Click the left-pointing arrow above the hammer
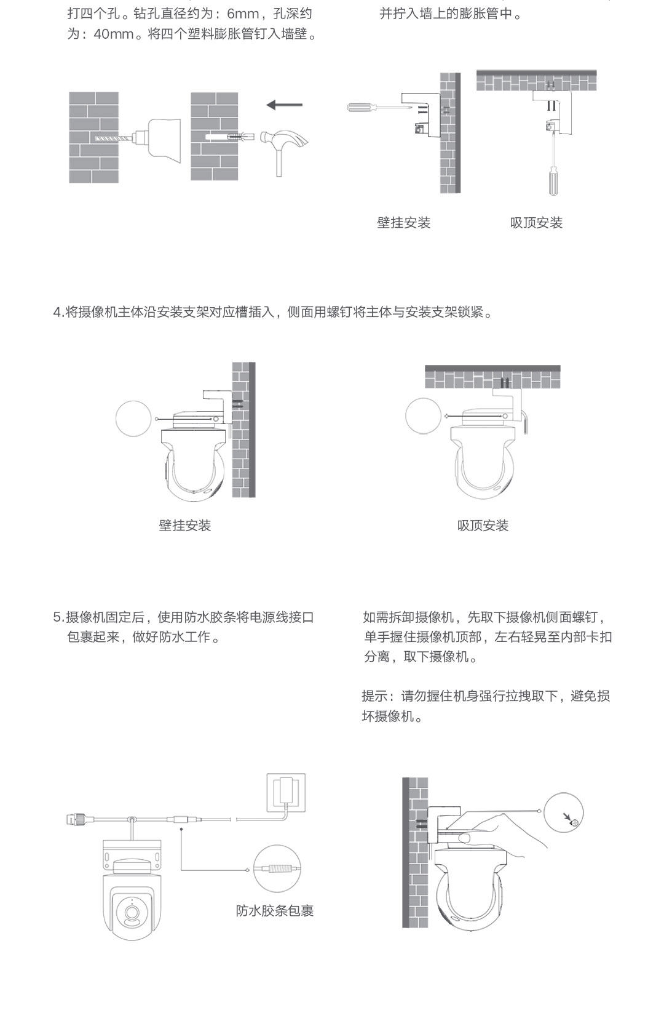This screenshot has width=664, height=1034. click(x=284, y=105)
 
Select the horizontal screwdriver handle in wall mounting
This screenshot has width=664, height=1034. click(x=363, y=107)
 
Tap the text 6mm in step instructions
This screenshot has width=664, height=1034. click(x=242, y=14)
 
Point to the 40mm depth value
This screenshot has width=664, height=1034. click(x=114, y=34)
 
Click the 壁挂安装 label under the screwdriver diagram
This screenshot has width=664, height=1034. click(x=404, y=223)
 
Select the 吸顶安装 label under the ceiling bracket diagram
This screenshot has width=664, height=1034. click(x=536, y=223)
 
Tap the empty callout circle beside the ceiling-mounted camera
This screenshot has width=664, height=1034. click(x=424, y=416)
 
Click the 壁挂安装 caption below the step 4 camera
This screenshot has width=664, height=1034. click(x=185, y=526)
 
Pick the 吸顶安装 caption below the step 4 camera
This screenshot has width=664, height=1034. click(x=483, y=526)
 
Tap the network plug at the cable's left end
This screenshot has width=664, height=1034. click(x=76, y=819)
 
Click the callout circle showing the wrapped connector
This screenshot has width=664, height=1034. click(x=278, y=868)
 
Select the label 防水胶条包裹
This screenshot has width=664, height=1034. click(x=275, y=911)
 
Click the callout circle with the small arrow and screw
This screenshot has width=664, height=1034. click(x=563, y=812)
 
